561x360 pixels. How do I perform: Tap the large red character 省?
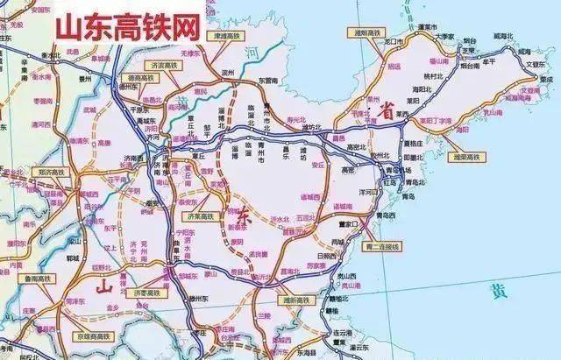[384, 112]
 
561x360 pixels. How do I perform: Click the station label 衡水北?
[55, 53]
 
